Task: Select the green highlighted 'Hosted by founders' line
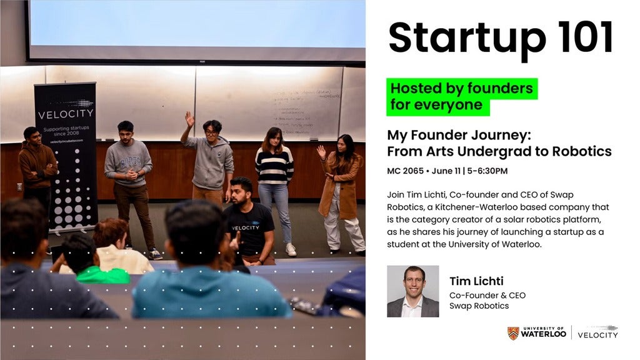[462, 88]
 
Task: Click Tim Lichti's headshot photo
[412, 291]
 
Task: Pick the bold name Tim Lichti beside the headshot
[476, 281]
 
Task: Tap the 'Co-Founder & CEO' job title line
[487, 295]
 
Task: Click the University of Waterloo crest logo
[512, 333]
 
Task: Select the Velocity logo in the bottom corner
[597, 332]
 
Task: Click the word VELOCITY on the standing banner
[66, 114]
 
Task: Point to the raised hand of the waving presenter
[189, 118]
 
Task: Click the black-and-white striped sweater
[274, 166]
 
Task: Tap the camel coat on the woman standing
[341, 184]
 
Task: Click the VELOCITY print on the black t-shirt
[245, 211]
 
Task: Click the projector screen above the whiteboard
[195, 28]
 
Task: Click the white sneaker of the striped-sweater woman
[291, 249]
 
